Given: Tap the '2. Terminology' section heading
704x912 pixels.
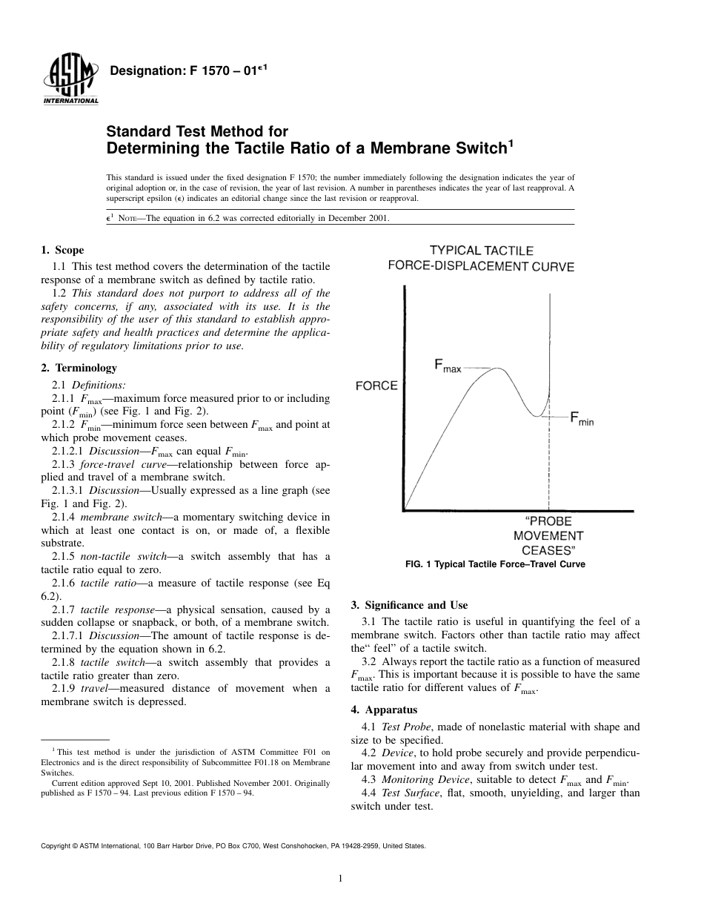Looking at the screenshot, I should [x=79, y=368].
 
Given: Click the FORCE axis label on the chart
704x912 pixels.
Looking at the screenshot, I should [x=376, y=386].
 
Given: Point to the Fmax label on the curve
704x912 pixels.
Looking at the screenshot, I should [x=448, y=366].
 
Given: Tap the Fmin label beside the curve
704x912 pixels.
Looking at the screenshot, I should [x=582, y=419].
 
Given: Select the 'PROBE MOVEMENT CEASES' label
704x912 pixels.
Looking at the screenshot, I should [x=548, y=535].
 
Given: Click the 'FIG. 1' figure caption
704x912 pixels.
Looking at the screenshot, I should [x=495, y=564].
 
